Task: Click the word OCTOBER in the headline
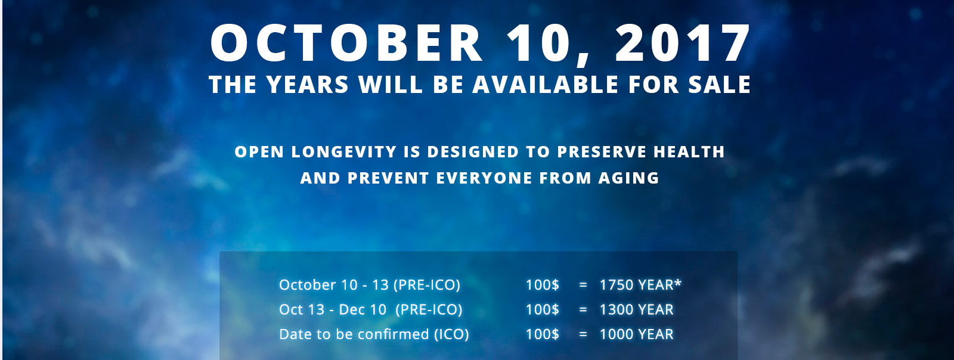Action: point(346,44)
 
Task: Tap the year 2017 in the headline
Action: point(683,44)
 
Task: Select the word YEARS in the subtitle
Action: point(308,84)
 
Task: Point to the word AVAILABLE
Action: point(546,84)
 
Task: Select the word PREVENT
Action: point(388,178)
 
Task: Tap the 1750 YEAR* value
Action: point(640,285)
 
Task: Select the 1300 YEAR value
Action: point(637,309)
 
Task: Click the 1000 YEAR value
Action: point(637,334)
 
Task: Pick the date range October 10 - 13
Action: point(334,285)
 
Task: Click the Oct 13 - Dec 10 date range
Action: point(333,309)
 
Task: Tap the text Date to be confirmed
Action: point(354,334)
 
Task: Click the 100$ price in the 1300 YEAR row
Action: point(542,309)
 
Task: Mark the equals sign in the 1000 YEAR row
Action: point(583,334)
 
